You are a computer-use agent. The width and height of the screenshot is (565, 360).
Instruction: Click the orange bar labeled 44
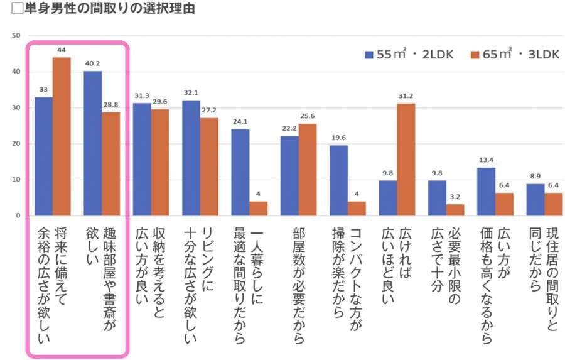point(62,136)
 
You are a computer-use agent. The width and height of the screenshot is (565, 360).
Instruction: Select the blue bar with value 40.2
point(93,143)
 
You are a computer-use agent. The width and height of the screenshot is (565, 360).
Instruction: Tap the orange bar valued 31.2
point(406,160)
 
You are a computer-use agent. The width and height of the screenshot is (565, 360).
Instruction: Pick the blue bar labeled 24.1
point(240,172)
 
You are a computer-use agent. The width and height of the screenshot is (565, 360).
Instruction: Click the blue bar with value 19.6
point(339,180)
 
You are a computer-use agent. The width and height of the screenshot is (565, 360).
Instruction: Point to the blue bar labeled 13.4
point(486,192)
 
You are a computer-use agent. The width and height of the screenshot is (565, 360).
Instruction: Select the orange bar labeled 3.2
point(455,210)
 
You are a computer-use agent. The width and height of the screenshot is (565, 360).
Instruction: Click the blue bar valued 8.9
point(535,199)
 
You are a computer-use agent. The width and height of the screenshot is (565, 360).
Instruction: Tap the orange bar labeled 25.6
point(307,170)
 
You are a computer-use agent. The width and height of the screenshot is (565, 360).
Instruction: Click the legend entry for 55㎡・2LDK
point(409,55)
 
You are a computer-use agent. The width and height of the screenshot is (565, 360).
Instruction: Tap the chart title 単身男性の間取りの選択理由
point(101,9)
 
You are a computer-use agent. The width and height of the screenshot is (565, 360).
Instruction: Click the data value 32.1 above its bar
point(191,92)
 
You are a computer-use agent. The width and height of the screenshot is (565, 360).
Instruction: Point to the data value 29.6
point(160,102)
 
